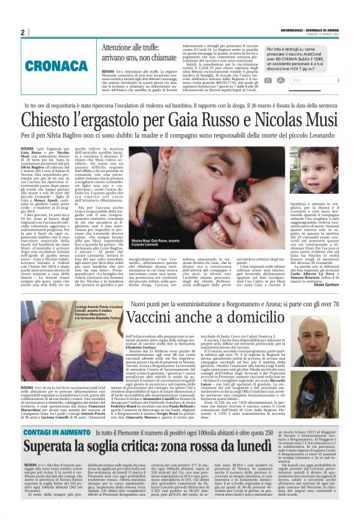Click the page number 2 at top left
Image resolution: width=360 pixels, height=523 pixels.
click(x=23, y=32)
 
